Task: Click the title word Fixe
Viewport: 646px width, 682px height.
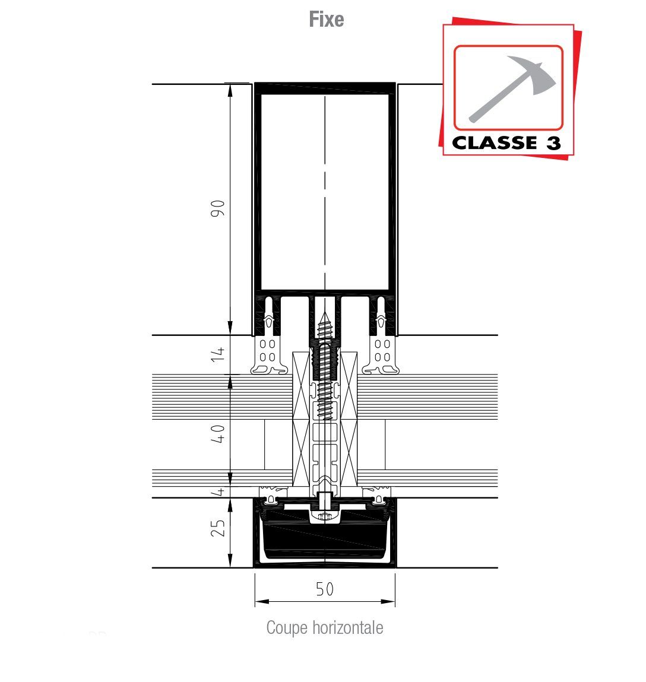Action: pyautogui.click(x=326, y=20)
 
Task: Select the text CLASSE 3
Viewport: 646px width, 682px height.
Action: pyautogui.click(x=506, y=142)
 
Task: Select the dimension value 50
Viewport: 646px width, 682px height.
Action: pyautogui.click(x=325, y=589)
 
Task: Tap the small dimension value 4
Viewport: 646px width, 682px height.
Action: pyautogui.click(x=220, y=491)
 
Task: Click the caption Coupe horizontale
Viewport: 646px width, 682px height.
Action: pyautogui.click(x=325, y=628)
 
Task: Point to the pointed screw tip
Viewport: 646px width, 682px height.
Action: pyautogui.click(x=324, y=313)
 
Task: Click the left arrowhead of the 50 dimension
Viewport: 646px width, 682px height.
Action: pyautogui.click(x=261, y=601)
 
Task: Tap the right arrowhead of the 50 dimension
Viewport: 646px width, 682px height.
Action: pyautogui.click(x=388, y=601)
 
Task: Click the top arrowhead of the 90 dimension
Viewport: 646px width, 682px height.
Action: pyautogui.click(x=230, y=90)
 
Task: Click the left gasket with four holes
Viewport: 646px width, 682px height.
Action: pyautogui.click(x=268, y=356)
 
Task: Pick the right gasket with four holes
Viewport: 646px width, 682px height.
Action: pyautogui.click(x=382, y=356)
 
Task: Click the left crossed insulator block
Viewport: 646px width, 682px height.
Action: pyautogui.click(x=301, y=420)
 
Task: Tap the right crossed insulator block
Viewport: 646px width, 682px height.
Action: pyautogui.click(x=349, y=420)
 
